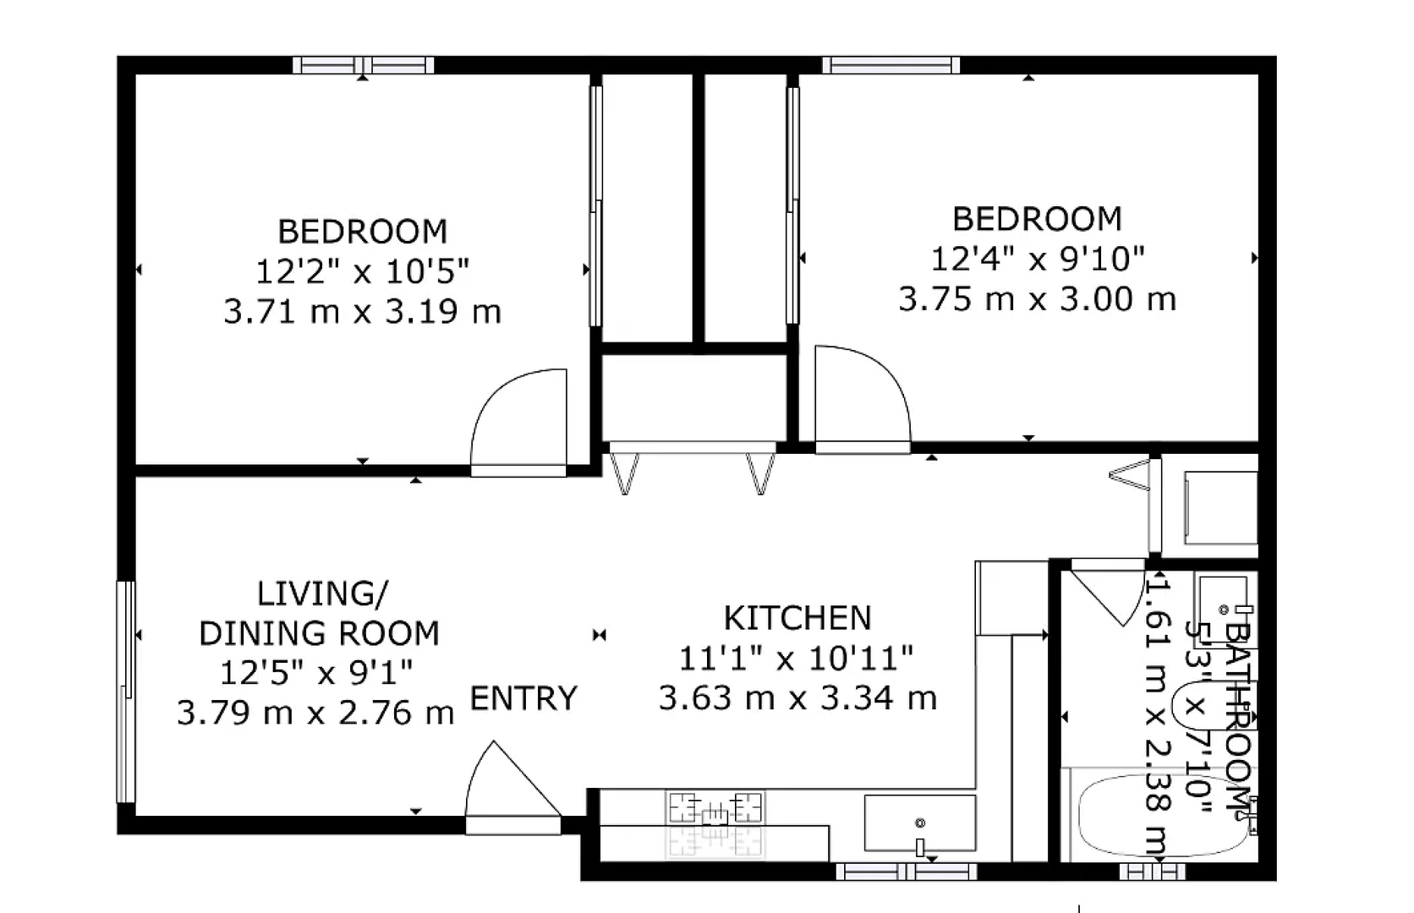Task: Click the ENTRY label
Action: (524, 698)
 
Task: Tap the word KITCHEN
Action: (797, 618)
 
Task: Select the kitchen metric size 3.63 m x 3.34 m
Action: (797, 698)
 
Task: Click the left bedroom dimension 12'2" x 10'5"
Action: (362, 272)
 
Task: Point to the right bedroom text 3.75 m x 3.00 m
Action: (1037, 299)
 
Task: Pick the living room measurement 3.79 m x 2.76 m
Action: (315, 713)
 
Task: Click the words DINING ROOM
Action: (320, 633)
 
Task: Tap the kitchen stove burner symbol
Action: (715, 808)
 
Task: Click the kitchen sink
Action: (920, 823)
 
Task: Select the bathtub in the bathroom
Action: (1163, 815)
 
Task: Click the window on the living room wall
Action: (126, 692)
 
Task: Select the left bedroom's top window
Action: (363, 65)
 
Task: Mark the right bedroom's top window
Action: (891, 65)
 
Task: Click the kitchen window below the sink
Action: (907, 872)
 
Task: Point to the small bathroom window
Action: (1153, 872)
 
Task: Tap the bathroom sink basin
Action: (1224, 610)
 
